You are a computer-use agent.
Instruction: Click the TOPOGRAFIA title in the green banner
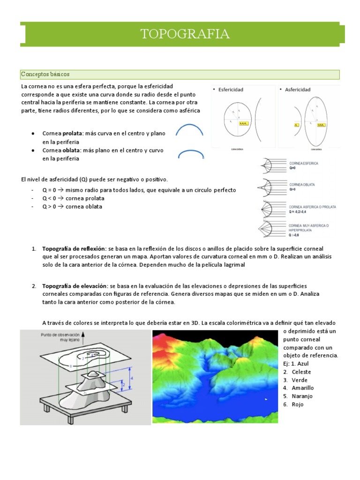coord(185,34)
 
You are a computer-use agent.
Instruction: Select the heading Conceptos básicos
coord(45,75)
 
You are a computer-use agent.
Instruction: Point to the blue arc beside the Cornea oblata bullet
coord(190,153)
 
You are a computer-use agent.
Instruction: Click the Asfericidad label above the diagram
coord(297,89)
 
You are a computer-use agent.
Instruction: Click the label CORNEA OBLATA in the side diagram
coord(302,184)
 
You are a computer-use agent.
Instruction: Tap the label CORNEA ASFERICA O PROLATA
coord(312,206)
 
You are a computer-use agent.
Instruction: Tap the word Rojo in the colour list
coord(297,404)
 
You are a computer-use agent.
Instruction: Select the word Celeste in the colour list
coord(301,372)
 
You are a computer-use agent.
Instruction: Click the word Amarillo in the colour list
coord(302,388)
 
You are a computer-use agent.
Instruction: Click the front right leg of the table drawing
coord(124,408)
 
